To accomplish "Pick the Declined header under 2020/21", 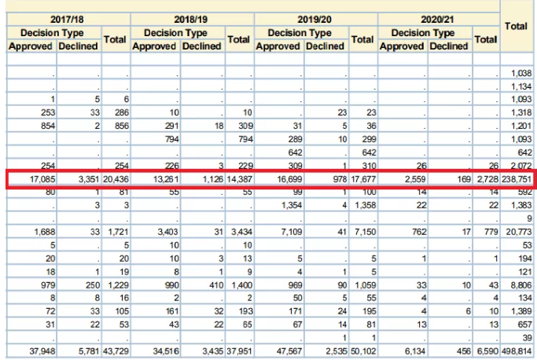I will [449, 46].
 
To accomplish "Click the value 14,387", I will [237, 180].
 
